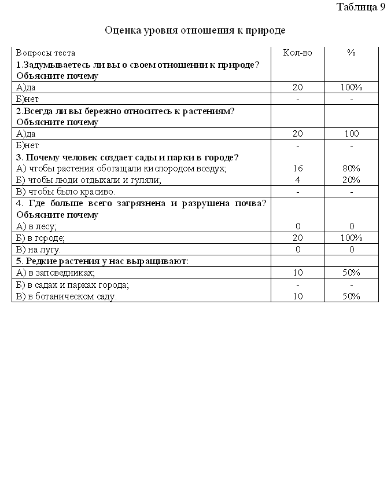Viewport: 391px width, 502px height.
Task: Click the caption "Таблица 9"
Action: click(x=360, y=7)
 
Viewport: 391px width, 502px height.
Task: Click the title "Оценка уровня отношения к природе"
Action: click(x=195, y=30)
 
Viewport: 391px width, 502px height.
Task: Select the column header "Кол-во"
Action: click(x=297, y=53)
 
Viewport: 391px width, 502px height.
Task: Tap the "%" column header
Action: click(x=351, y=53)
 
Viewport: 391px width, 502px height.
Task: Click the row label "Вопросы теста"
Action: click(x=45, y=53)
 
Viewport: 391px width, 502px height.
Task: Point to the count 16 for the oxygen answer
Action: click(x=297, y=168)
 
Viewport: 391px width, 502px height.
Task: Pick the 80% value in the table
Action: click(x=351, y=168)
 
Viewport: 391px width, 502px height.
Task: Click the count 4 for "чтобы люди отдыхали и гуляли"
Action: click(x=297, y=180)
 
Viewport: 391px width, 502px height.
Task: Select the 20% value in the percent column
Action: click(x=351, y=180)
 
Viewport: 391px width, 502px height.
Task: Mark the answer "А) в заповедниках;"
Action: click(x=56, y=273)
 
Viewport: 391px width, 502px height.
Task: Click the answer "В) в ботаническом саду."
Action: click(x=67, y=296)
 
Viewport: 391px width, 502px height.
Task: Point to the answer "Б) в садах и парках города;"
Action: click(x=72, y=285)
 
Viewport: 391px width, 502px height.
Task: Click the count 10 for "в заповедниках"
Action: click(x=297, y=273)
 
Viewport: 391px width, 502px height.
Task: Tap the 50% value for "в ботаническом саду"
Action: click(x=351, y=296)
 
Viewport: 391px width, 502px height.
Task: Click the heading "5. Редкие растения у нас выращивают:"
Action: click(x=102, y=261)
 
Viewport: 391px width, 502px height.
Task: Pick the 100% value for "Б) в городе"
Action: click(x=351, y=238)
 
